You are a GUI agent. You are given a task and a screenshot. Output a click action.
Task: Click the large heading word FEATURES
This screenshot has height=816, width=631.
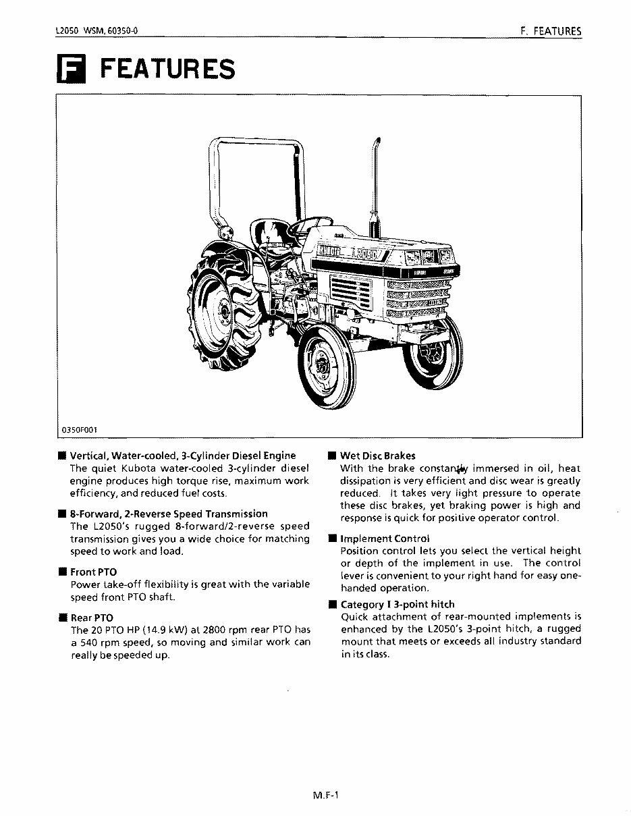[x=167, y=70]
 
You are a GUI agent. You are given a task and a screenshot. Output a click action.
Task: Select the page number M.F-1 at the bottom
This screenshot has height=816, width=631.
[x=325, y=795]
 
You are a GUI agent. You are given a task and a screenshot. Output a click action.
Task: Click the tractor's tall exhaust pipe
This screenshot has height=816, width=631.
[x=374, y=182]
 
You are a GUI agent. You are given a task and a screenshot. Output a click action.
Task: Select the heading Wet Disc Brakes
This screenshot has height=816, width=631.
[x=377, y=456]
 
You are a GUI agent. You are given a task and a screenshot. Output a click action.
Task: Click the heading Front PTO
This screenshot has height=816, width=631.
[x=93, y=572]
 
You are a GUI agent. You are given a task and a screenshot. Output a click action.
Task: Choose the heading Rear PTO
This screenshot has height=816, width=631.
[x=92, y=618]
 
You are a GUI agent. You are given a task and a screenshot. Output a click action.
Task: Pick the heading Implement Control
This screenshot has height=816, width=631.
[x=385, y=539]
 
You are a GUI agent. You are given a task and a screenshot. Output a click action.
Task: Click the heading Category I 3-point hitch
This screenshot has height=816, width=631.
[x=397, y=604]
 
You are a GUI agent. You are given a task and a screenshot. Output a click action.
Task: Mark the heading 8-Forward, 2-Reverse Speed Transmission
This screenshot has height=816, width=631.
[x=169, y=514]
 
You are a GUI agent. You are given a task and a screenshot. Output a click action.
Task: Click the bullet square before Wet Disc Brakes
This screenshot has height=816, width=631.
[x=332, y=456]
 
